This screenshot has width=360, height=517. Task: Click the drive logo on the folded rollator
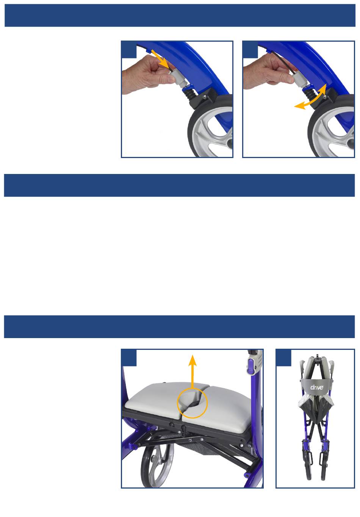[317, 387]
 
